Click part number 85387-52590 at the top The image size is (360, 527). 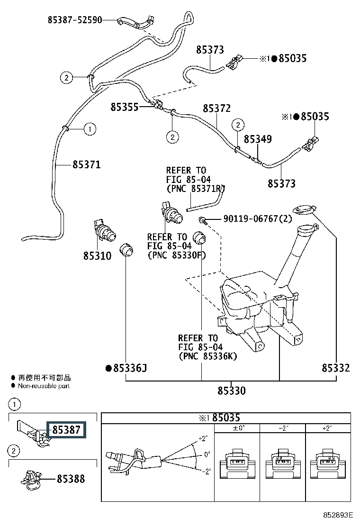click(75, 20)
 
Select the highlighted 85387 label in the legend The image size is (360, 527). click(66, 430)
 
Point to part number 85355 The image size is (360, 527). click(125, 107)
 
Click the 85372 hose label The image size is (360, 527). click(217, 109)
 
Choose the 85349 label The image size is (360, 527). click(258, 139)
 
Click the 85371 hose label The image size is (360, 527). click(86, 165)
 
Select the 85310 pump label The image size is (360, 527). click(97, 256)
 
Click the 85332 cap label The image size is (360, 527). click(336, 367)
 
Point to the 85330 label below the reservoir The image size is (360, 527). click(232, 391)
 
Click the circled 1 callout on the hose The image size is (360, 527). click(90, 128)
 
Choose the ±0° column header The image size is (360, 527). click(237, 428)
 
